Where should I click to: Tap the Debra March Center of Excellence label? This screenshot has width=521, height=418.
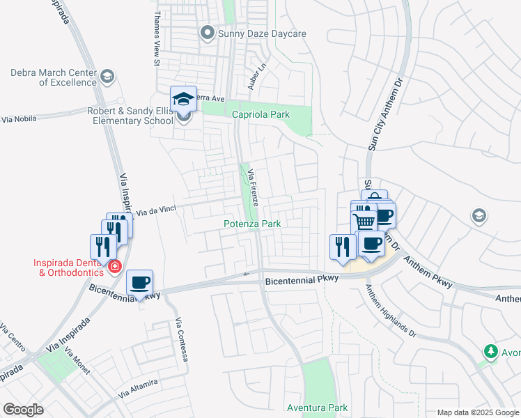[53, 77]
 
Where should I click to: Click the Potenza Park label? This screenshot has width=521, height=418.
[252, 224]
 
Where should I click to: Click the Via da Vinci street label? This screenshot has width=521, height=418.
[156, 210]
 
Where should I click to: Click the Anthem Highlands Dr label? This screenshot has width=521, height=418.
[390, 313]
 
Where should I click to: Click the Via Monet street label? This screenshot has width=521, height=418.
[79, 362]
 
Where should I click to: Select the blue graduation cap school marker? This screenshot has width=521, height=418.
[183, 99]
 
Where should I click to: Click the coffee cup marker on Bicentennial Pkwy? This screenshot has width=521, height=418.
[140, 283]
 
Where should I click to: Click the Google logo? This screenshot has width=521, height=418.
[23, 410]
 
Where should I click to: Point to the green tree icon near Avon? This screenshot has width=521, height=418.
[491, 350]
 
